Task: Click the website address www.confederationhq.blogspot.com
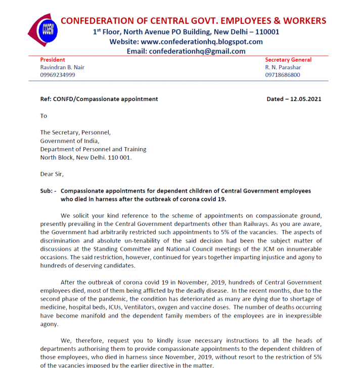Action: point(201,41)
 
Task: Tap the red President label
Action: point(53,60)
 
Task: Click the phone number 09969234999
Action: point(58,75)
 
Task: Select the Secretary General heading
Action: point(288,60)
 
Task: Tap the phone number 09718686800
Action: point(282,75)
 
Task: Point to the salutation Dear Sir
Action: point(52,174)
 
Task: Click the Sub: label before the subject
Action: point(48,191)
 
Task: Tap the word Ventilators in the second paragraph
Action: point(142,307)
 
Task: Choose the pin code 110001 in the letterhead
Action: point(263,31)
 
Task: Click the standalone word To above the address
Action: point(43,116)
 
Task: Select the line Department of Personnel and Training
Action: point(93,149)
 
